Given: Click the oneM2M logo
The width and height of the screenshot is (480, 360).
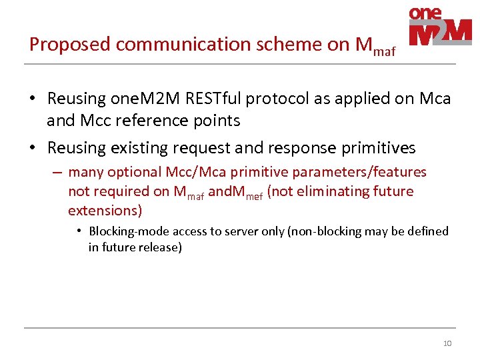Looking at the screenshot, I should [x=440, y=27].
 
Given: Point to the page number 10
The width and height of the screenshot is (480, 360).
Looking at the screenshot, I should [x=447, y=343].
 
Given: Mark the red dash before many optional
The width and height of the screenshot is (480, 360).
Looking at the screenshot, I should [x=57, y=172].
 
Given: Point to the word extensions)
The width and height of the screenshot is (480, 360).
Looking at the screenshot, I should [x=105, y=211].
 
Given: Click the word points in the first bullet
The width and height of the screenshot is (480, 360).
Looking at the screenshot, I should [x=217, y=120].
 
